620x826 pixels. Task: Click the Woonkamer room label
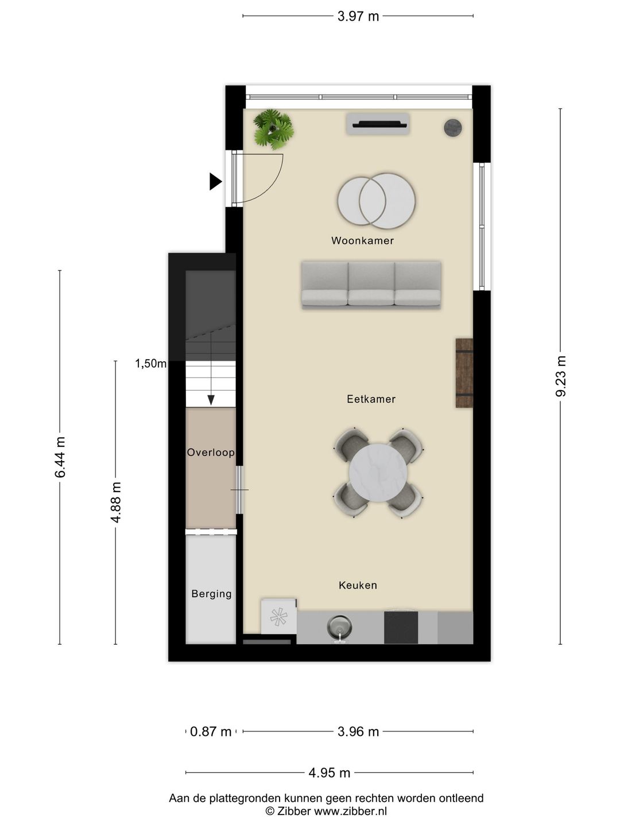tap(362, 240)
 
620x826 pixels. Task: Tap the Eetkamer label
tap(371, 399)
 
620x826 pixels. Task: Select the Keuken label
tap(358, 585)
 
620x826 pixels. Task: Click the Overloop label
tap(211, 453)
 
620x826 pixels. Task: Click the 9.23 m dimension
tap(560, 376)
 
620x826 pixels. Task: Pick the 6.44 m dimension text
tap(60, 457)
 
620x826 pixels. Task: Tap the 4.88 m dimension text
tap(115, 502)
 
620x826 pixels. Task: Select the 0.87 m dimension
tap(211, 731)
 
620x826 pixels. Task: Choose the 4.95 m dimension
tap(330, 773)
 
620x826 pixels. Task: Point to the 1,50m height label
tap(150, 363)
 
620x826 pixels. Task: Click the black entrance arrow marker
tap(215, 181)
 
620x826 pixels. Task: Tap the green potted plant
tap(273, 129)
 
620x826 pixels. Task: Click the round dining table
tap(378, 473)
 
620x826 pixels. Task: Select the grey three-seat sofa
tap(371, 285)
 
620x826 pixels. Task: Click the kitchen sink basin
tap(339, 628)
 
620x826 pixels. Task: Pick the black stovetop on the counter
tap(401, 628)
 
